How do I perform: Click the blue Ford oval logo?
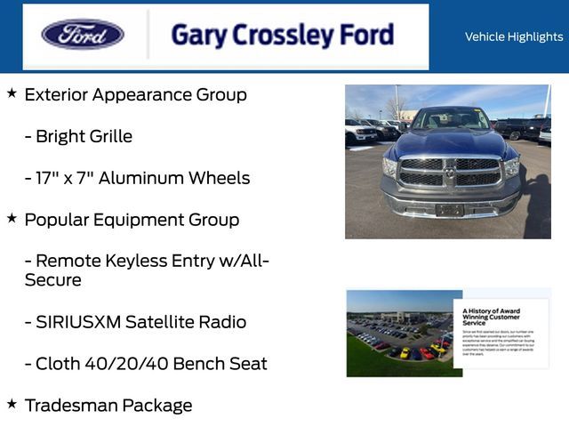[x=83, y=35]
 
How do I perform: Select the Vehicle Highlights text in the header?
[x=513, y=36]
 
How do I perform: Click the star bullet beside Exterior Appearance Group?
[x=12, y=93]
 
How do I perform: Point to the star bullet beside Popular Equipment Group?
[x=12, y=217]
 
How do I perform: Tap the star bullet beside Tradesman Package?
[x=12, y=404]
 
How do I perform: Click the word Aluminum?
[x=140, y=178]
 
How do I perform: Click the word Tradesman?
[x=70, y=406]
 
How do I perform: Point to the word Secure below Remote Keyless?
[x=52, y=280]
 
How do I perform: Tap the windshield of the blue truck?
[x=451, y=119]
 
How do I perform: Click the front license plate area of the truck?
[x=449, y=210]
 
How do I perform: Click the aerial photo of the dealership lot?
[x=400, y=334]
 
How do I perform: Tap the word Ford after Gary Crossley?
[x=365, y=35]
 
